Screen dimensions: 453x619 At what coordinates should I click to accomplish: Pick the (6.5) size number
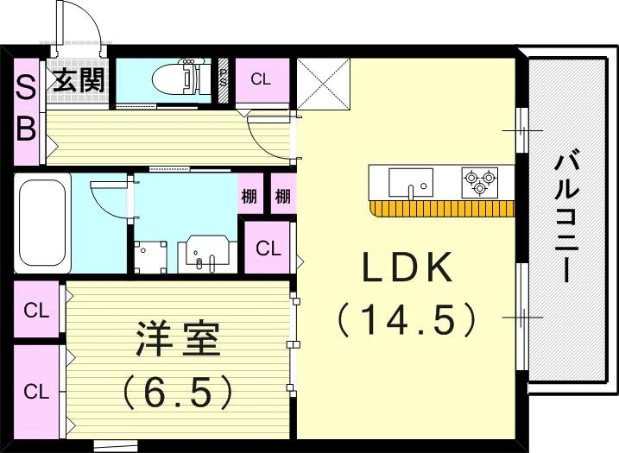(x=178, y=393)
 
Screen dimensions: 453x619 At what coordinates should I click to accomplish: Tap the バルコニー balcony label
(x=566, y=216)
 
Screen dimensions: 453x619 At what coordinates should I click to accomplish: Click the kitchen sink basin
(x=410, y=182)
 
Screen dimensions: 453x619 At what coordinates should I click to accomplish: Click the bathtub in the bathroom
(x=41, y=222)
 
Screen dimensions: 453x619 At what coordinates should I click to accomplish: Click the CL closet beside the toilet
(x=261, y=80)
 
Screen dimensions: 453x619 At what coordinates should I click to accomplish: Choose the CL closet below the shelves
(x=268, y=249)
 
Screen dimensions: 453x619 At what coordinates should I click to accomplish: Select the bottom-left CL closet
(x=35, y=391)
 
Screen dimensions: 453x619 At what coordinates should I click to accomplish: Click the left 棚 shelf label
(x=249, y=196)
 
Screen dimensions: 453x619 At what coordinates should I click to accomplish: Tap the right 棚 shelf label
(x=282, y=196)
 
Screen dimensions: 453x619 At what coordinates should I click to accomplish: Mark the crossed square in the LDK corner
(x=324, y=85)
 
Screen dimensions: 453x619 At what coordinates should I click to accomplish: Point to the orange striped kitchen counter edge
(x=442, y=208)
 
